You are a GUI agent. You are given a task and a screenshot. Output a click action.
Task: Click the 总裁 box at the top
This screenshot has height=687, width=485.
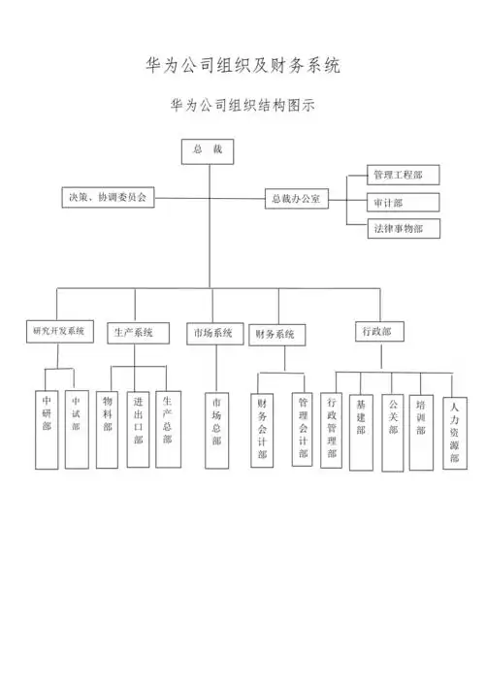pos(209,151)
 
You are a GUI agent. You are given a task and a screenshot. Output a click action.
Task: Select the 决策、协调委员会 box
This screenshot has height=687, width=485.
pos(106,197)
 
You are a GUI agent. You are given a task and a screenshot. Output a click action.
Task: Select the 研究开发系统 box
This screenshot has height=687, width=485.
pos(58,332)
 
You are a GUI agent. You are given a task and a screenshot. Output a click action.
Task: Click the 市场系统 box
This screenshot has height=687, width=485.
pos(213,333)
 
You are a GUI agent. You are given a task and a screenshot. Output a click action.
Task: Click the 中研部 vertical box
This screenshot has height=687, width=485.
pos(47,428)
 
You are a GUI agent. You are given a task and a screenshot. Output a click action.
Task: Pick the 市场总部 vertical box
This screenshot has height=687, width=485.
pos(215,428)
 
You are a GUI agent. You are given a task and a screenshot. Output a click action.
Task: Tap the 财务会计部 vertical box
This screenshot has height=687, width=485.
pos(262,428)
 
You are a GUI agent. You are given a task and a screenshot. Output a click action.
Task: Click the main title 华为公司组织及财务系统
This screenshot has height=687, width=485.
pos(242,66)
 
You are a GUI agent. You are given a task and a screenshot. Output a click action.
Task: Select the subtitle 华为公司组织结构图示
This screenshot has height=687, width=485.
pos(242,104)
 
